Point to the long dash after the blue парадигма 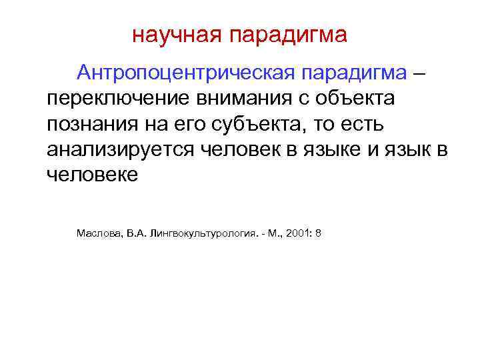[x=419, y=72]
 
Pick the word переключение [x=117, y=98]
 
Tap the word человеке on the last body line [x=93, y=175]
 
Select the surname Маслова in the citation [x=97, y=234]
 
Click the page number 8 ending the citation [x=319, y=234]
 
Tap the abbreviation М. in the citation [x=271, y=234]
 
